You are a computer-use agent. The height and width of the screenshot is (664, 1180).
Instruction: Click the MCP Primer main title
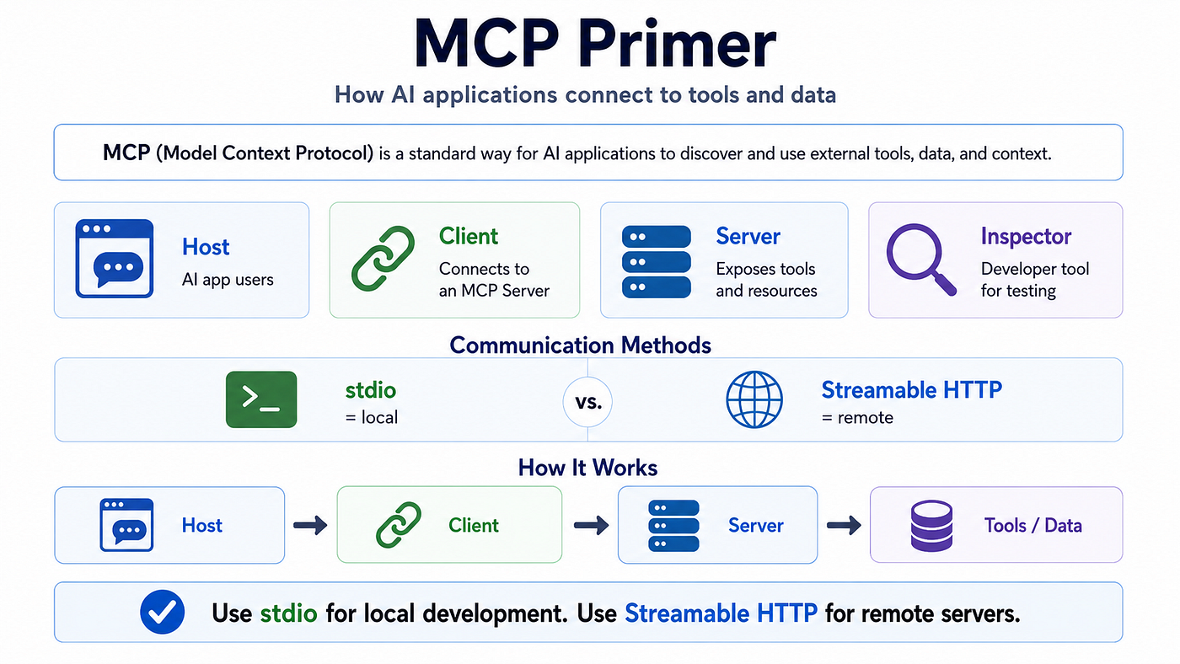point(595,43)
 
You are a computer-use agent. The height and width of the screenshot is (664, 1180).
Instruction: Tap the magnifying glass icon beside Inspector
point(920,260)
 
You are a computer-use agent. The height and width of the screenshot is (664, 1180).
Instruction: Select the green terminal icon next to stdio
point(261,399)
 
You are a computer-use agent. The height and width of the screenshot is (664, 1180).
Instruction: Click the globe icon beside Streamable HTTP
point(754,399)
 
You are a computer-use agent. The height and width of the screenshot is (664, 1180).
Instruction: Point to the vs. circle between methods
point(587,402)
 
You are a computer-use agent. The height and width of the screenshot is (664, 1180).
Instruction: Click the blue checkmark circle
point(162,612)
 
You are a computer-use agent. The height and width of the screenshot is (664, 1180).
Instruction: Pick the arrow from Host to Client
point(310,525)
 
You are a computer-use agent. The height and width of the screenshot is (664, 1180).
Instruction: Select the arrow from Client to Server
point(591,525)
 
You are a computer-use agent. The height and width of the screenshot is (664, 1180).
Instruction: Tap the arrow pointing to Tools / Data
point(844,525)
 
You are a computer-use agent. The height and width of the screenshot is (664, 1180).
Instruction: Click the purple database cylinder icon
point(931,526)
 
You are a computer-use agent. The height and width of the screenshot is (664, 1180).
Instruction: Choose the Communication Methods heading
point(580,345)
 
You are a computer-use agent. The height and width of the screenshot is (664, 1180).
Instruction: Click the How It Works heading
point(587,468)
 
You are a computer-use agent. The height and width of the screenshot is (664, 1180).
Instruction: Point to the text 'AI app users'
point(228,280)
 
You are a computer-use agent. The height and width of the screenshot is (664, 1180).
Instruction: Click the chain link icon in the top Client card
point(383,259)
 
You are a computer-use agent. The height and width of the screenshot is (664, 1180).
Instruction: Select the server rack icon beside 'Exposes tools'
point(657,262)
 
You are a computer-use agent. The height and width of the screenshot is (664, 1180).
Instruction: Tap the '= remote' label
point(857,418)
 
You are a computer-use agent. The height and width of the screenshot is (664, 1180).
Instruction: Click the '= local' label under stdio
point(372,418)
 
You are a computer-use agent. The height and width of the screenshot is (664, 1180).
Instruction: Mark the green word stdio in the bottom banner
point(288,613)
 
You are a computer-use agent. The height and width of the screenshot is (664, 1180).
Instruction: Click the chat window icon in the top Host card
point(115,259)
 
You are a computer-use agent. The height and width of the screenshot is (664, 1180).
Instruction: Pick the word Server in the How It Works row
point(756,526)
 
